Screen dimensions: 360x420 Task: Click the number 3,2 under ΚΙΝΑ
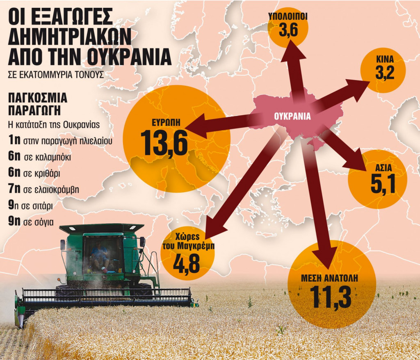(384, 73)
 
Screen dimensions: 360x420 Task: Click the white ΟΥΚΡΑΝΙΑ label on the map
(292, 116)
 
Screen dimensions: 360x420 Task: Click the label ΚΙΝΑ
(385, 60)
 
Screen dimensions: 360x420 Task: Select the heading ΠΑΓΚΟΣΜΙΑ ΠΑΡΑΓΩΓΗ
(37, 104)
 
